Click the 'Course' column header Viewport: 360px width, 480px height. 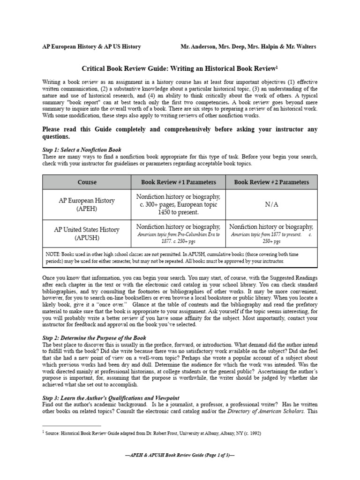click(88, 182)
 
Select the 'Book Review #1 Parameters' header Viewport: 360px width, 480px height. click(179, 182)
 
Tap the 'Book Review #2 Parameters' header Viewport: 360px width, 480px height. click(271, 182)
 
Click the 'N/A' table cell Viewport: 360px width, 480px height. click(271, 204)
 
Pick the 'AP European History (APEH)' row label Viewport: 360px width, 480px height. click(87, 204)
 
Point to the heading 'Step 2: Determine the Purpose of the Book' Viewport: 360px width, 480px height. click(94, 337)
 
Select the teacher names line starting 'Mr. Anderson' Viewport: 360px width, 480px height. click(248, 46)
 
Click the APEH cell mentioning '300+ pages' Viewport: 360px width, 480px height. click(178, 204)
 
